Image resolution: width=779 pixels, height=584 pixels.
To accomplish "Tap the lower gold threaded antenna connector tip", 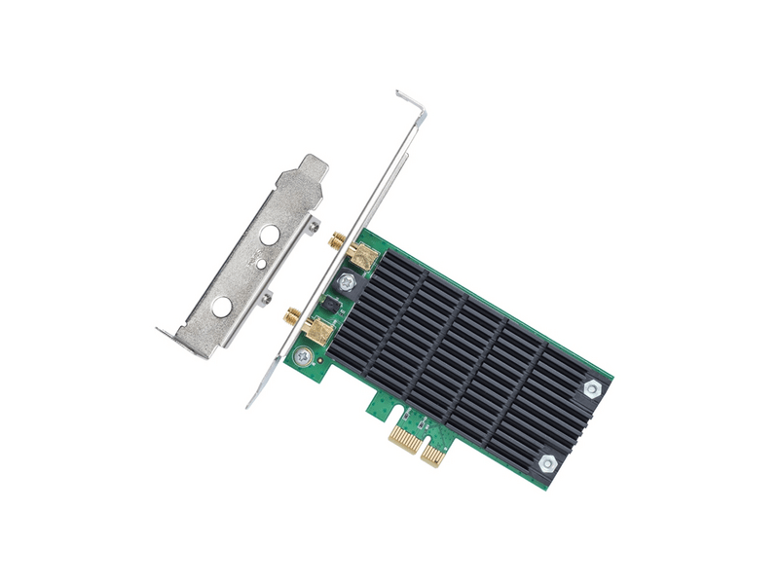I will coord(292,314).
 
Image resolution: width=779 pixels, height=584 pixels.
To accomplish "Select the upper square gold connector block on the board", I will coord(362,256).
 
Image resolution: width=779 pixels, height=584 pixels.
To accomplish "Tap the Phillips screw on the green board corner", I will coord(305,358).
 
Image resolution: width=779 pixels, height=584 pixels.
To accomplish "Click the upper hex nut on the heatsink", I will coord(591,389).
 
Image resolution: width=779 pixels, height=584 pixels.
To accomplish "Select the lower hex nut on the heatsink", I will coord(547,464).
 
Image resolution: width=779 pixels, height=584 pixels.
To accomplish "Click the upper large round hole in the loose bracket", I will coord(270,235).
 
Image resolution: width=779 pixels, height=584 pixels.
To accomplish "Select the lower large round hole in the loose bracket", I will coord(222,308).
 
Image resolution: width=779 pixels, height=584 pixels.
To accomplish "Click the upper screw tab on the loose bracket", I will coord(313,226).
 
